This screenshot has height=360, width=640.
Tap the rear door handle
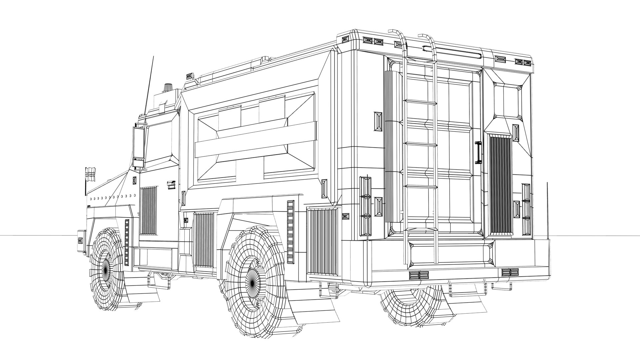(479, 152)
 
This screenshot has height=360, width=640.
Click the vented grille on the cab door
(148, 210)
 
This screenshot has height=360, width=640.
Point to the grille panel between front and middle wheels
(203, 240)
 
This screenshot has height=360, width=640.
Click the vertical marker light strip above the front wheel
(127, 242)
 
